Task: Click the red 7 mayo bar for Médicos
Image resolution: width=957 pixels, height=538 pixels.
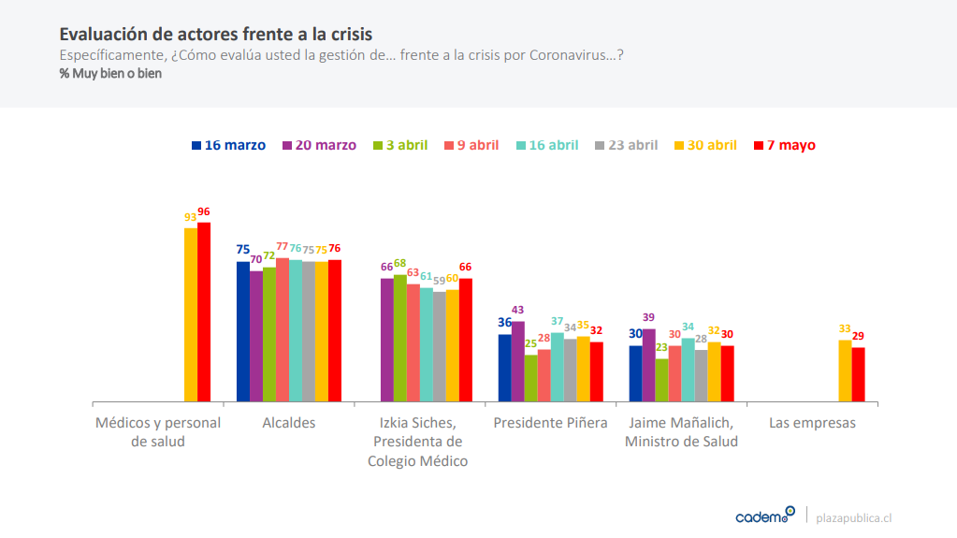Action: [x=204, y=312]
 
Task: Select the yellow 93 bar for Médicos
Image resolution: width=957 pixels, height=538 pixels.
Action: [x=191, y=314]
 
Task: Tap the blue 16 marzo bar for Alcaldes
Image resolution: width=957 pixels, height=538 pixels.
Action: [x=243, y=331]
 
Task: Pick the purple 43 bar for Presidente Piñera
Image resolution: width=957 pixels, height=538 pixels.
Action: [x=518, y=361]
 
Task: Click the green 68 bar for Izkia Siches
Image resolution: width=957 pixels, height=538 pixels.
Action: [x=400, y=338]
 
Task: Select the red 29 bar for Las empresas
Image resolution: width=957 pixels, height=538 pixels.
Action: [x=858, y=374]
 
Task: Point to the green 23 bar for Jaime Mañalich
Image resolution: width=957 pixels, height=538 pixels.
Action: [x=662, y=380]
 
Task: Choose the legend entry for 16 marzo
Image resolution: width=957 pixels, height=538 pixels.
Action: [x=229, y=145]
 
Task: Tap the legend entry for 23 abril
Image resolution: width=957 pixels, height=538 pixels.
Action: [x=627, y=145]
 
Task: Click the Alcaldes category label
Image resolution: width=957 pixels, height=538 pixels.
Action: [x=289, y=423]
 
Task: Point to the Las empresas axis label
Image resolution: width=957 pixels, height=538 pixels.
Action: [x=812, y=423]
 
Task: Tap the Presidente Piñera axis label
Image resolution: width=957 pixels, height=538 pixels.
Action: [x=550, y=423]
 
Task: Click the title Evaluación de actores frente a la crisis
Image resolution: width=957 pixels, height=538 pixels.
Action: [x=216, y=35]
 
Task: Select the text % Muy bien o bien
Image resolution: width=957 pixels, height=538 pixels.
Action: [x=110, y=74]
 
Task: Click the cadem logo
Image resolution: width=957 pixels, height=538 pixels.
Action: [x=764, y=516]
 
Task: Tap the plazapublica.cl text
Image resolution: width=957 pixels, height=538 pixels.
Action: [x=854, y=517]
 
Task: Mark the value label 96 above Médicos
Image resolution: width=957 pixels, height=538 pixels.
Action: [x=204, y=212]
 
